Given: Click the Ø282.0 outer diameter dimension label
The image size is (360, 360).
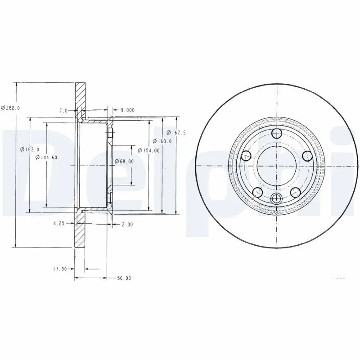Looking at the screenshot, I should (x=11, y=107).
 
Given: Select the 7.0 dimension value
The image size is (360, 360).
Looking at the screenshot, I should (x=63, y=110).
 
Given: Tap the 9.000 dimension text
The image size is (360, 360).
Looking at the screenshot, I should (x=127, y=110).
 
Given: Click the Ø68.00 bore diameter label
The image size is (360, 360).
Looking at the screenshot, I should (x=124, y=161).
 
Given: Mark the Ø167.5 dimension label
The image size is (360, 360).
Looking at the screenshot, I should (x=176, y=132).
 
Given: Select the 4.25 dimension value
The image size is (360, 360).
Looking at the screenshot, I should (x=58, y=223).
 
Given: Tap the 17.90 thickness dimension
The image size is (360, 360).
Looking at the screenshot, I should (x=60, y=269).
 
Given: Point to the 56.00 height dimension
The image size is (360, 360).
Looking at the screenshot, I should (x=124, y=279).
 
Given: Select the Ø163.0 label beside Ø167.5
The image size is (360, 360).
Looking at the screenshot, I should (x=162, y=141).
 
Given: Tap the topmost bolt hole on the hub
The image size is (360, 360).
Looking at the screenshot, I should (x=276, y=133).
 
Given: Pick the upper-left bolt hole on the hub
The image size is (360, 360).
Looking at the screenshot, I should (x=246, y=156).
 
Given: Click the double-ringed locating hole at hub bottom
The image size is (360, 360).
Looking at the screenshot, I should (x=276, y=198).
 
